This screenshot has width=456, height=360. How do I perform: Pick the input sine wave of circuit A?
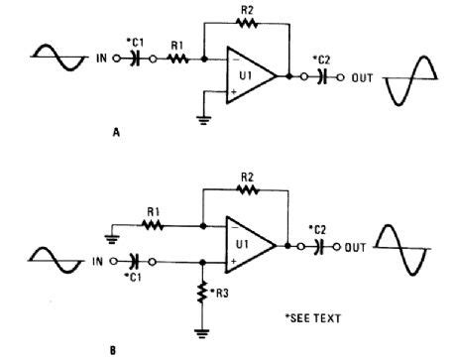[x=60, y=59]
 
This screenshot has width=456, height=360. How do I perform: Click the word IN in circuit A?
[x=103, y=60]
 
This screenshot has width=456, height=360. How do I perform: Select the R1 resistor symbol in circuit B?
[x=155, y=226]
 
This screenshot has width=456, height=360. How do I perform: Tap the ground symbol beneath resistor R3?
[x=202, y=332]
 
